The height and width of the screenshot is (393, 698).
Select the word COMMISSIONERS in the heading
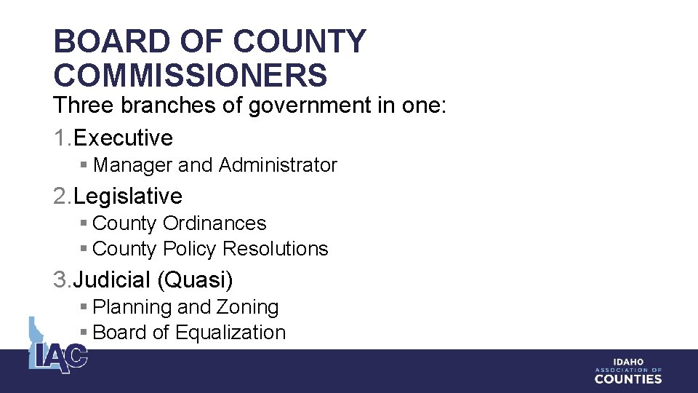coord(190,75)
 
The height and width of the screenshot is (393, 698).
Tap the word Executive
coord(123,138)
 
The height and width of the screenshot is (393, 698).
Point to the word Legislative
coord(128,196)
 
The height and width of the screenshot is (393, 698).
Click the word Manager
coord(133,165)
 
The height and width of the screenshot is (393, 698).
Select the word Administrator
coord(278,165)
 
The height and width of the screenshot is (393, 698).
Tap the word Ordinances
coord(214,223)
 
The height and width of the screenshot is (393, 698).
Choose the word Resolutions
coord(276,249)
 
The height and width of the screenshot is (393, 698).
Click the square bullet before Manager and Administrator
coord(84,166)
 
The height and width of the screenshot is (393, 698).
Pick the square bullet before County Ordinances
coord(84,224)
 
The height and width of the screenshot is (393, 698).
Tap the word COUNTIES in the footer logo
coord(628,378)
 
